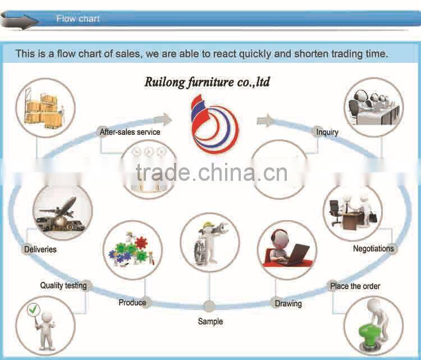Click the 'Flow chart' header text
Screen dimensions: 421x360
point(78,19)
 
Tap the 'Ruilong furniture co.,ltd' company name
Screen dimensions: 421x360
point(207,82)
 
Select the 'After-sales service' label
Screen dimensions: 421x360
point(130,132)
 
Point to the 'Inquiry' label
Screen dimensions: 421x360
point(327,132)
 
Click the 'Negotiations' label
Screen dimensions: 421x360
point(373,248)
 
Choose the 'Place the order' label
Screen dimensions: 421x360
point(355,286)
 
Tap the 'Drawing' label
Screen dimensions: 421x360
point(288,303)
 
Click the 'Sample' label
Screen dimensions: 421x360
point(210,321)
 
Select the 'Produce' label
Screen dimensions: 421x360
point(132,303)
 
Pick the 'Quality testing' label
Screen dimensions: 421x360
point(63,285)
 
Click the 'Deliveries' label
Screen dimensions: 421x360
point(40,249)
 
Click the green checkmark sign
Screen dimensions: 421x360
point(33,309)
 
